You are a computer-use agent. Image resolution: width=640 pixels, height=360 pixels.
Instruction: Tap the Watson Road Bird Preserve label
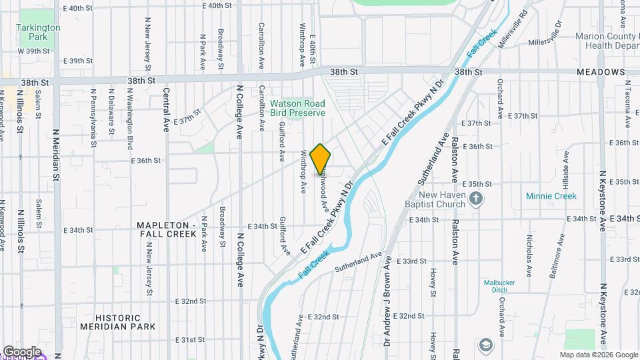click(x=298, y=108)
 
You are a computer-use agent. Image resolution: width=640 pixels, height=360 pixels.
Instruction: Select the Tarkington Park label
click(x=39, y=31)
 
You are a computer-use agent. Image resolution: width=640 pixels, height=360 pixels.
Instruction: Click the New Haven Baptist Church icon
click(x=476, y=198)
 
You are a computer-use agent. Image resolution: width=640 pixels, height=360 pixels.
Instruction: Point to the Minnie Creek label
click(x=551, y=196)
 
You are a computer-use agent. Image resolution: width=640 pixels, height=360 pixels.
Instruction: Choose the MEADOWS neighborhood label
click(x=601, y=72)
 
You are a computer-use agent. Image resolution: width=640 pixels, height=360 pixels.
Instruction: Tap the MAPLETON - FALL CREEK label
click(x=167, y=229)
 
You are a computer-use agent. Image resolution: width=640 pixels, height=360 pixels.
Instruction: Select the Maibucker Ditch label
click(x=499, y=285)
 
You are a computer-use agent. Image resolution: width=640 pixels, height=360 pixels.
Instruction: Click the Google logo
click(x=22, y=351)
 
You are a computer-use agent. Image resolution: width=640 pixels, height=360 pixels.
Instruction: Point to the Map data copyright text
click(x=598, y=355)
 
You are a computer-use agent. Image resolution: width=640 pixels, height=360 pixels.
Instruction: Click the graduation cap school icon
click(x=485, y=345)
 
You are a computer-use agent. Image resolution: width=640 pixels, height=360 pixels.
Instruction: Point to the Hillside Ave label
click(x=566, y=167)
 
